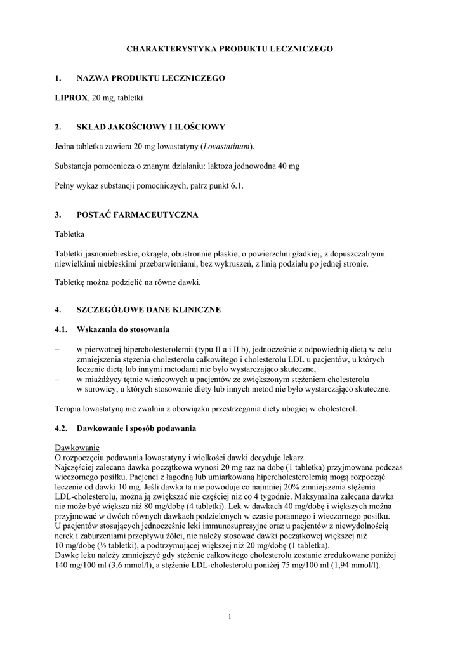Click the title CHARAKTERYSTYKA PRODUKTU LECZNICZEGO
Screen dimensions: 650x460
point(229,48)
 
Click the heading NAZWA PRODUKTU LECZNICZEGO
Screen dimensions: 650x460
point(151,78)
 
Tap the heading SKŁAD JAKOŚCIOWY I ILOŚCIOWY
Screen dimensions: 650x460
point(151,127)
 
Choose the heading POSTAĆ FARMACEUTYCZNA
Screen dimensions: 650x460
point(137,215)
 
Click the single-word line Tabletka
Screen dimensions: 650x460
point(70,234)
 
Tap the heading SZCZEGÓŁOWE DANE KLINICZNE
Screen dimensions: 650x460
point(148,310)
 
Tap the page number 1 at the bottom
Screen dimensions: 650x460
point(230,618)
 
